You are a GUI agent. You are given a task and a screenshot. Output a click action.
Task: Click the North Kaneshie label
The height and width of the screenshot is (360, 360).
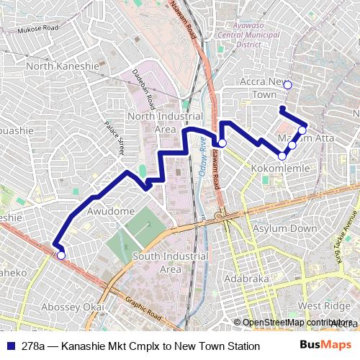coord(62,66)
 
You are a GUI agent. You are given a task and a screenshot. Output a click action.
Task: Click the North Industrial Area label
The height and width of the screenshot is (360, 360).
coord(156,122)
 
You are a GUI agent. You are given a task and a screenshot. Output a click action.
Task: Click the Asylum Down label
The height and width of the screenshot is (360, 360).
coord(284,228)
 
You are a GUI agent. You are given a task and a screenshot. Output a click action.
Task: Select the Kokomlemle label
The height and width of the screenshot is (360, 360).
coord(281,168)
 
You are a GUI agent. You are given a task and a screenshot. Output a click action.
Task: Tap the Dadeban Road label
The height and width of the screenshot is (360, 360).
coord(143,85)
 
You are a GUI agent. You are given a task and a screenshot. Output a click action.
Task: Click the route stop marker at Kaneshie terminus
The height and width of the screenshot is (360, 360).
coord(61,255)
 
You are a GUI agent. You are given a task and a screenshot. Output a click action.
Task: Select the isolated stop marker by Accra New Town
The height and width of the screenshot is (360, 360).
coord(287,85)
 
